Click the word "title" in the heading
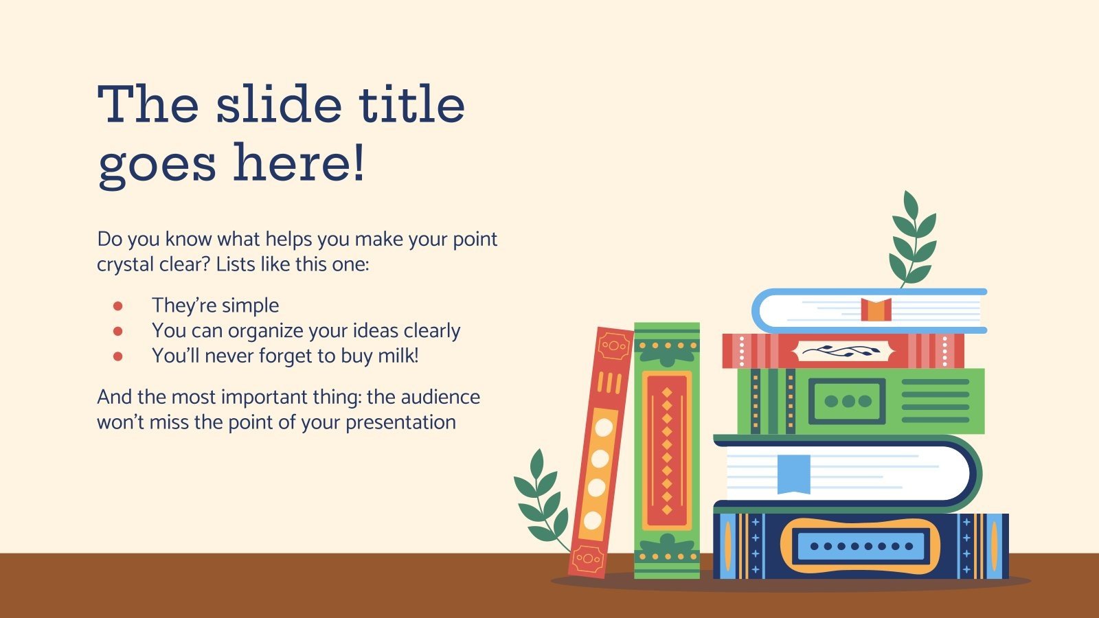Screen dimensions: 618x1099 (411, 104)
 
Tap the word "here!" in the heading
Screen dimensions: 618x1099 (299, 163)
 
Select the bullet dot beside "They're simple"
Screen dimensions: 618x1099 (117, 306)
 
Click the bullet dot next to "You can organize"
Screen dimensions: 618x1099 (117, 331)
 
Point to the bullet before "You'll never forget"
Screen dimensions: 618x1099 (117, 356)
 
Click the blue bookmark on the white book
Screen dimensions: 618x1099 (793, 473)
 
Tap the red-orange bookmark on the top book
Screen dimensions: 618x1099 (876, 310)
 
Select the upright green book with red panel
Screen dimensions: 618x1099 (666, 450)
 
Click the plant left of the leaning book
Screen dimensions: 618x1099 (543, 498)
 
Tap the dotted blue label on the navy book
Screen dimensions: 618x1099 (861, 547)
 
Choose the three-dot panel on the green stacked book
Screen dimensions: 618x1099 (847, 401)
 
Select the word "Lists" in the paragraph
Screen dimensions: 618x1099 (235, 264)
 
